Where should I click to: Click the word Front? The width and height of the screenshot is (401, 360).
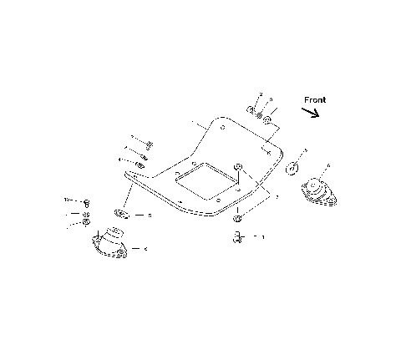pos(315,100)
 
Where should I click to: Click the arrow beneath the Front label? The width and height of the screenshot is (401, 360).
pos(310,114)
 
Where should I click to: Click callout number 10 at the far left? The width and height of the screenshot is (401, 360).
pos(68,200)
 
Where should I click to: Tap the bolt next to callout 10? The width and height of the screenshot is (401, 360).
pos(86,202)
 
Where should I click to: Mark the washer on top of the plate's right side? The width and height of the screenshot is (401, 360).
pos(239,169)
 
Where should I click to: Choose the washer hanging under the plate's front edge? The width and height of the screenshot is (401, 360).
pos(237,218)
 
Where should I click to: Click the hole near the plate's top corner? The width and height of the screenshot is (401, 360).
pos(221,128)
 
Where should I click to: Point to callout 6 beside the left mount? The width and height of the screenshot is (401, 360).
pos(146,248)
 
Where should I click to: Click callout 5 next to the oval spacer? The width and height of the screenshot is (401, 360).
pos(150,215)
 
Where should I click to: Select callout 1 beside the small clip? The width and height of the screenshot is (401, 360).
pos(264,237)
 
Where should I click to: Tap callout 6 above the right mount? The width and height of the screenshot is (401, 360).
pos(328,165)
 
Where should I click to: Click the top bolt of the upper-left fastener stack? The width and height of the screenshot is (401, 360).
pos(145,141)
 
